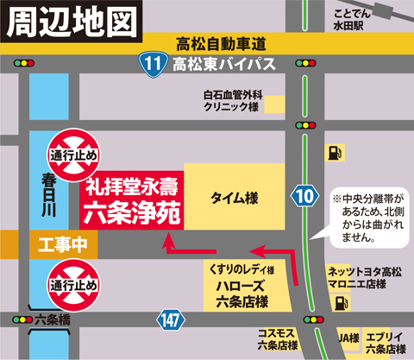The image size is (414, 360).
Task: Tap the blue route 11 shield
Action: tap(152, 63)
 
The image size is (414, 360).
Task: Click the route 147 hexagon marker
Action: tap(171, 320)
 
